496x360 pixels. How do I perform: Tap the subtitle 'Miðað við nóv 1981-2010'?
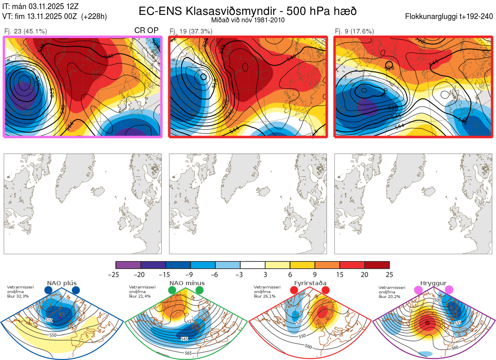coord(248,20)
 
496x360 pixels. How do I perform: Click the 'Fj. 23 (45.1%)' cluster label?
coord(26,31)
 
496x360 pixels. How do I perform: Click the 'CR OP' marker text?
coord(146,31)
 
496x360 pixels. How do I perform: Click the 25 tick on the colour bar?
coord(389,274)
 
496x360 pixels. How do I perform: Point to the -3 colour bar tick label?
coord(240,274)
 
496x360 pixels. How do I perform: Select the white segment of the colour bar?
coord(253,265)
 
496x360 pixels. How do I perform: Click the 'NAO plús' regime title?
coord(62,283)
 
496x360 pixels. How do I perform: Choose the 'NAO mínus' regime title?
coord(187,283)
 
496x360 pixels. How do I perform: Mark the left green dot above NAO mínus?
coord(172,291)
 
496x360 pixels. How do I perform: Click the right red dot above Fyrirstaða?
coord(325,291)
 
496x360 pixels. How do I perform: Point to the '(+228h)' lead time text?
coord(94,17)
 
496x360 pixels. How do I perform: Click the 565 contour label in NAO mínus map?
coord(188,353)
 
